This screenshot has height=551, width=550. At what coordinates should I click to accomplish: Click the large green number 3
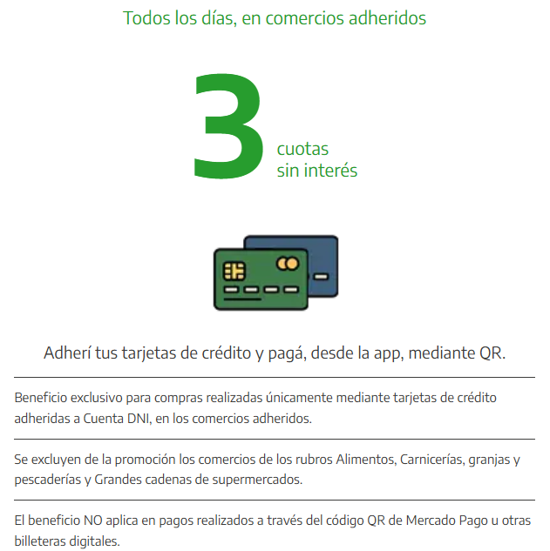coord(228,125)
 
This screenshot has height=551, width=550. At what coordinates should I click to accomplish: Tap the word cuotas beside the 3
coord(302,149)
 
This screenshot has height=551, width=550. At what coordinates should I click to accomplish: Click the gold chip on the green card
coord(234,271)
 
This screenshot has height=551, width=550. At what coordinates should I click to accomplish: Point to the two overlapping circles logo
coord(288,263)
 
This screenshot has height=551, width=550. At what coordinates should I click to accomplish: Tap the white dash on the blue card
coord(321,277)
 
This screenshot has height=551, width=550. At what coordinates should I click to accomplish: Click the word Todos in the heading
coord(146,18)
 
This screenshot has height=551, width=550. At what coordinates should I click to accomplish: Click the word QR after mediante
coord(492,353)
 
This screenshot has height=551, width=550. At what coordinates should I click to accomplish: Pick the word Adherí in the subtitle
coord(67,353)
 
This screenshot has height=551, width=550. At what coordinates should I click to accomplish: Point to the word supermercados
coord(257,480)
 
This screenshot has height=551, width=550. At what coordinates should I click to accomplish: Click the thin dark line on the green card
coord(242,299)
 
